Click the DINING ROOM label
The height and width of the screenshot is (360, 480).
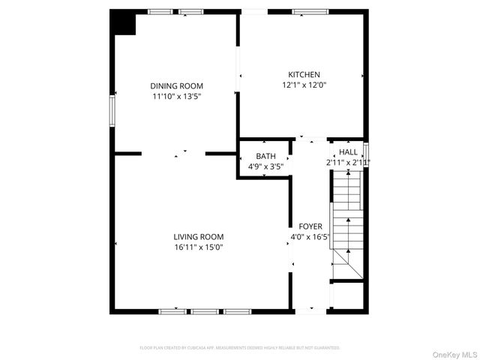pos(176,86)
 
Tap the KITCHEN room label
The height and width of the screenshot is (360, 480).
pos(304,75)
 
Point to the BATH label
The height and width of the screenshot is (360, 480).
pos(265,156)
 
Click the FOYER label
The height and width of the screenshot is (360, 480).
pos(310,226)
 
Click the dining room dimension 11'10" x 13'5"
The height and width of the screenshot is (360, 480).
pos(176,96)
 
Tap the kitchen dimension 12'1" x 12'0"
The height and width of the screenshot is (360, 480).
pos(304,85)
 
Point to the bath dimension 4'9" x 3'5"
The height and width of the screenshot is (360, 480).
pos(265,166)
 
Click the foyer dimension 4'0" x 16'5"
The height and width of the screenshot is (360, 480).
pos(310,236)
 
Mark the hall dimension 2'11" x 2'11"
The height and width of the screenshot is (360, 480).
pos(348,162)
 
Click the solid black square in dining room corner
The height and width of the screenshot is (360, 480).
pos(122,22)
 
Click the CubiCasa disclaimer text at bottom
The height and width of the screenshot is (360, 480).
pos(240,348)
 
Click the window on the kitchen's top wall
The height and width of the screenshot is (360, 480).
pos(304,11)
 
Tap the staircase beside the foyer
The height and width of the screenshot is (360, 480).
pos(346,221)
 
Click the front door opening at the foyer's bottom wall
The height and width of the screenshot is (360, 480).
pos(310,310)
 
